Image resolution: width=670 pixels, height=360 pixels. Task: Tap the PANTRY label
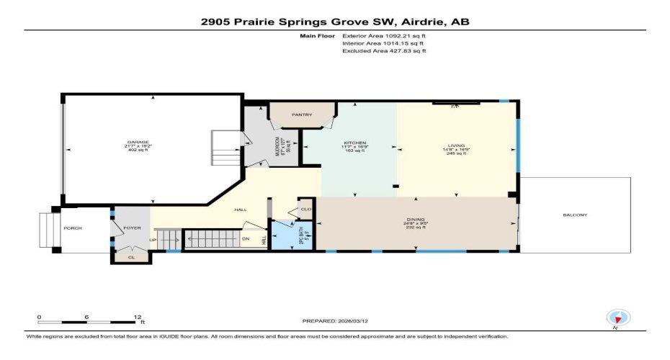301,114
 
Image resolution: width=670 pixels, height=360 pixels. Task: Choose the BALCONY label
576,215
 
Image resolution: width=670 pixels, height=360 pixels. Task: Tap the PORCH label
73,228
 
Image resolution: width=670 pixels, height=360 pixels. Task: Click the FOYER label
131,228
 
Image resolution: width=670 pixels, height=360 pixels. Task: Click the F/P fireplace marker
455,107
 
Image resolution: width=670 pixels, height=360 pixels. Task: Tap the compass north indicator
619,318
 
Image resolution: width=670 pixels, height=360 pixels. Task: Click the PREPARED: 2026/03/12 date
350,321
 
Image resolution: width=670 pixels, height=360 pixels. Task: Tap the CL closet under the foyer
130,256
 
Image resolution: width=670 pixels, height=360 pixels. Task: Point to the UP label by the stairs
152,240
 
